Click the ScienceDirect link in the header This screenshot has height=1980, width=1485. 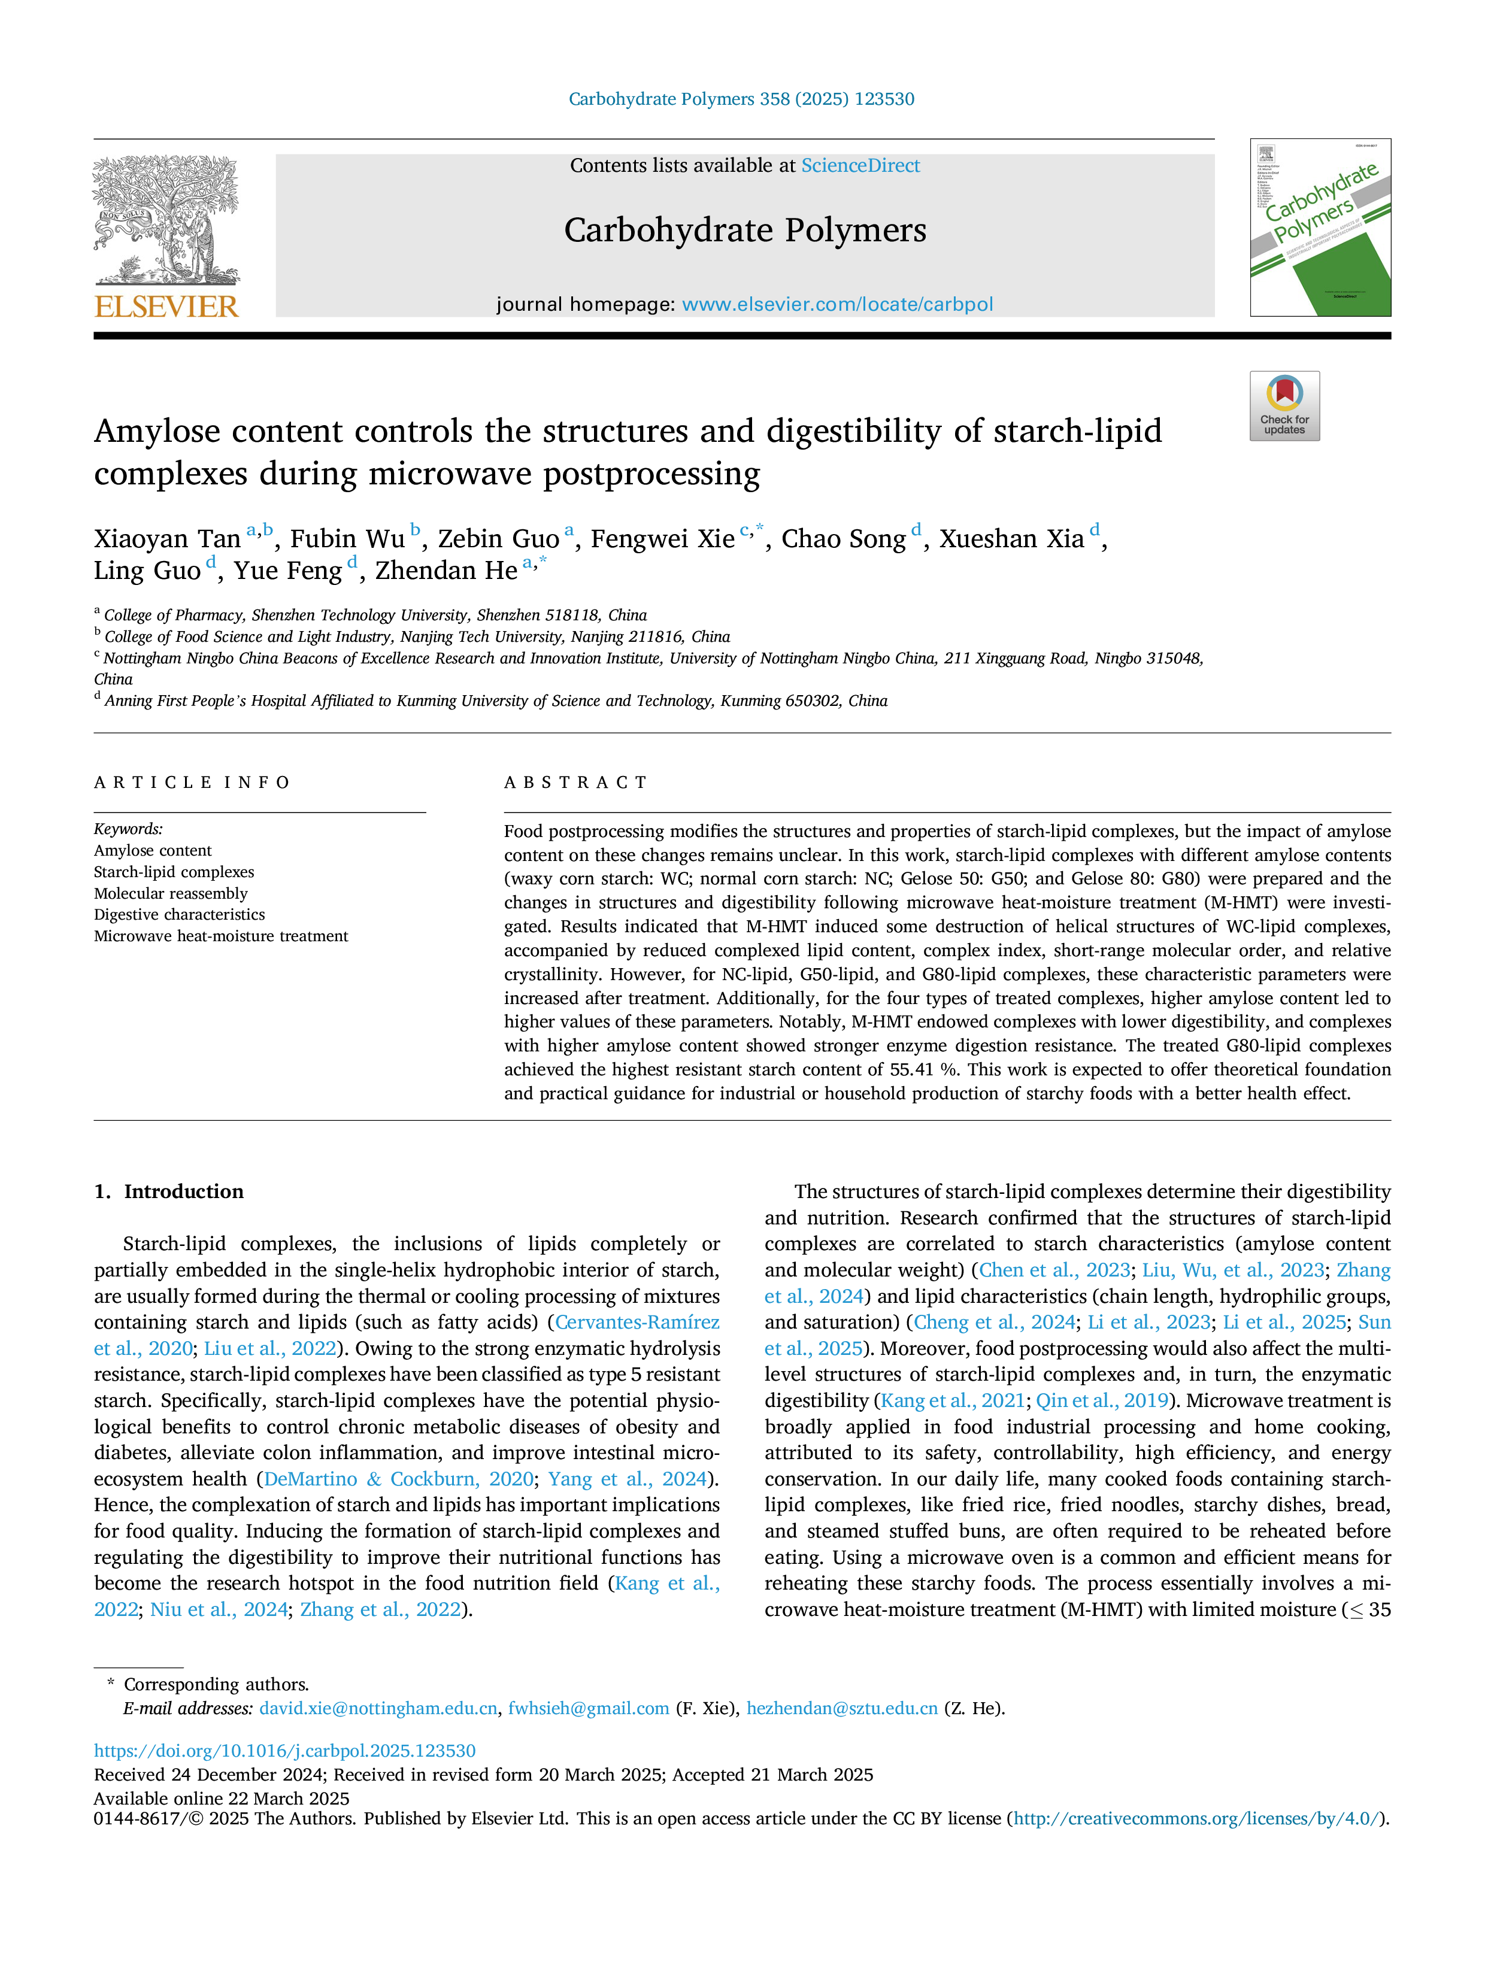pyautogui.click(x=860, y=166)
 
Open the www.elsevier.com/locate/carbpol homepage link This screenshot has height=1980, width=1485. pyautogui.click(x=837, y=304)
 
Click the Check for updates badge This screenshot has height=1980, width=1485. pyautogui.click(x=1284, y=405)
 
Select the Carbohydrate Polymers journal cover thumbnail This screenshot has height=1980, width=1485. pyautogui.click(x=1320, y=228)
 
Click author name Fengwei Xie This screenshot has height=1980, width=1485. pyautogui.click(x=662, y=539)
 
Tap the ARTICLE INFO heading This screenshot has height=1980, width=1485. pyautogui.click(x=192, y=783)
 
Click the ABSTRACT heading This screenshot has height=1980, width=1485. pyautogui.click(x=575, y=783)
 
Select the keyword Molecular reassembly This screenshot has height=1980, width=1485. pyautogui.click(x=171, y=893)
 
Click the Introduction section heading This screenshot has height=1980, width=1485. pyautogui.click(x=183, y=1191)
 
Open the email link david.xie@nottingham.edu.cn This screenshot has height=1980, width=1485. pyautogui.click(x=378, y=1708)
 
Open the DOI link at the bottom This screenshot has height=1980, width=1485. pyautogui.click(x=284, y=1751)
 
